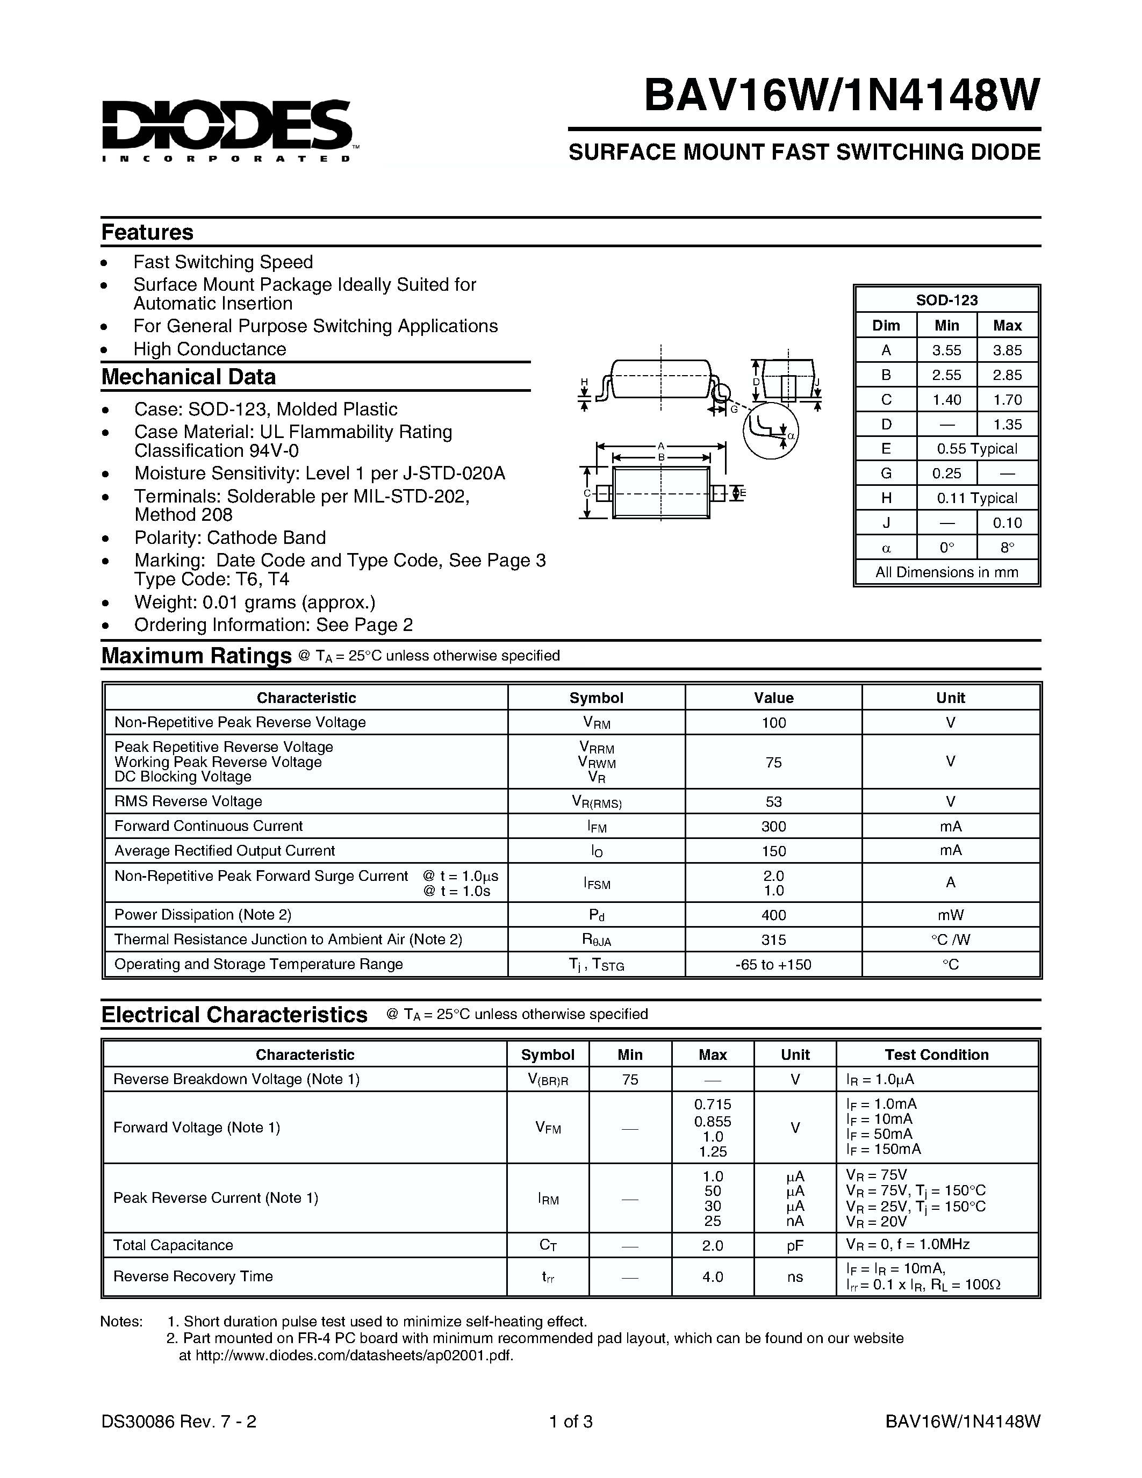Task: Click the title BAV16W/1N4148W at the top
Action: click(841, 96)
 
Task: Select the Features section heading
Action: click(147, 232)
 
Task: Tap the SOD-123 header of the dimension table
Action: click(946, 300)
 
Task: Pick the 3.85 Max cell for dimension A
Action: click(1007, 350)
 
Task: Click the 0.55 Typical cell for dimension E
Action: click(976, 449)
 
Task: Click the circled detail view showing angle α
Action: click(771, 431)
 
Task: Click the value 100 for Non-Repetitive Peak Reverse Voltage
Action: click(773, 723)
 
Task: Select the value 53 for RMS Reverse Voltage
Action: click(773, 801)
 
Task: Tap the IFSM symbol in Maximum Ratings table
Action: click(597, 884)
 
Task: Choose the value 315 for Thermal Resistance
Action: click(773, 940)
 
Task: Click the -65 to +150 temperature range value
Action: click(773, 964)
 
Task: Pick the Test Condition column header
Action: click(936, 1054)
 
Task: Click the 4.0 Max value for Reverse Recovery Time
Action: click(713, 1277)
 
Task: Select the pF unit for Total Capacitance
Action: click(795, 1245)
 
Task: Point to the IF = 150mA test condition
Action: click(883, 1149)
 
